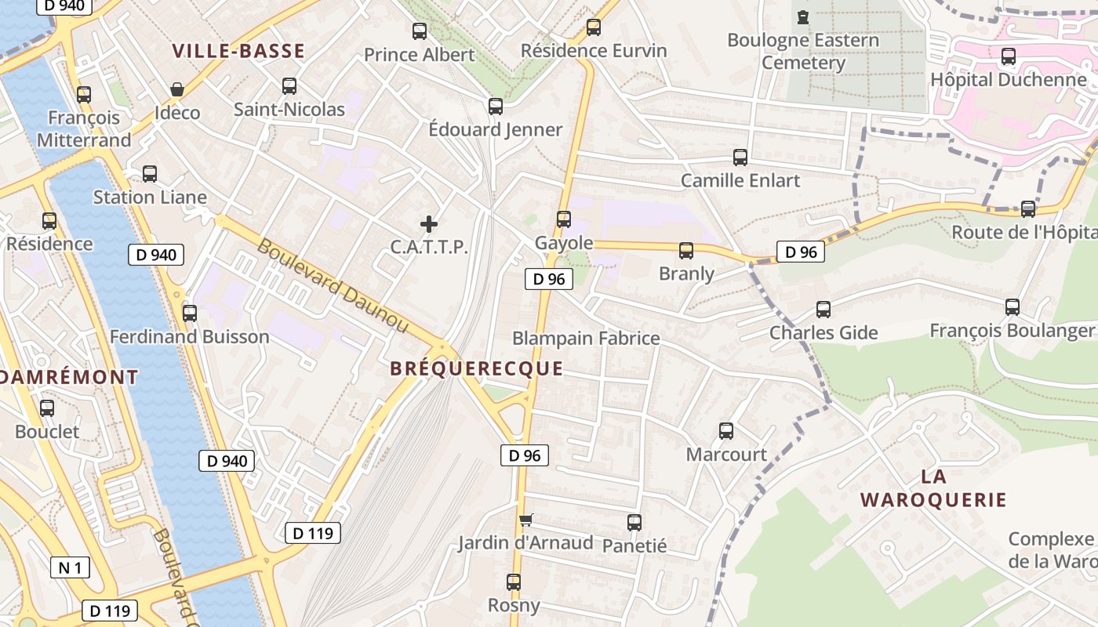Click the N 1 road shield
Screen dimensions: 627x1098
click(x=70, y=567)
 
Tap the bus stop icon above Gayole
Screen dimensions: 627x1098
click(x=563, y=219)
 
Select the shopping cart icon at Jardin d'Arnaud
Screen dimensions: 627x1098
click(x=525, y=520)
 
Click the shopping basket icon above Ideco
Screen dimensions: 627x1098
click(x=177, y=89)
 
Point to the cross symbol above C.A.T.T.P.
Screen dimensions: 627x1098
click(x=429, y=224)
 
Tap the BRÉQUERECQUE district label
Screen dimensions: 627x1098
click(x=477, y=368)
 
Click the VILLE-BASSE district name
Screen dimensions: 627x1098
click(x=238, y=52)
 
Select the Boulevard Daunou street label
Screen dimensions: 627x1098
click(x=333, y=285)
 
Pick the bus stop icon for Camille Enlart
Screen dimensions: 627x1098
click(x=740, y=158)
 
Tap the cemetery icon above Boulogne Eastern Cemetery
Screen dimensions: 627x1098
click(x=802, y=16)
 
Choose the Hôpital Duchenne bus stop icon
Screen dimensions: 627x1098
click(x=1009, y=56)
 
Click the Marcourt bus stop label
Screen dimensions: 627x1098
click(x=726, y=455)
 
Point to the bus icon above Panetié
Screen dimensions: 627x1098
click(x=634, y=523)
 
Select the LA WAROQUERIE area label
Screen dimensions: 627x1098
click(x=933, y=488)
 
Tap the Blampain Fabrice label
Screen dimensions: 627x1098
click(x=586, y=339)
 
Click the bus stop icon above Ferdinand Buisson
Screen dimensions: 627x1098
click(x=189, y=313)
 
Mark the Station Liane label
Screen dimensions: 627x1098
click(x=150, y=198)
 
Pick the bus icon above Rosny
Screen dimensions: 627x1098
click(x=514, y=582)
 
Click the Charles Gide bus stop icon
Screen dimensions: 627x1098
click(x=823, y=310)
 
